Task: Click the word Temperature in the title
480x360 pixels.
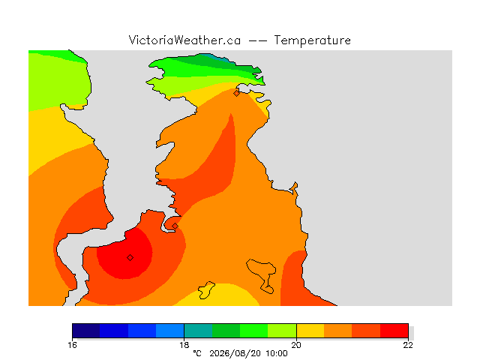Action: point(312,40)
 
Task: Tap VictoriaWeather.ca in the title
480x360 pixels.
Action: point(184,40)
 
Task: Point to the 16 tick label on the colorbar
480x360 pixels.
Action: point(72,345)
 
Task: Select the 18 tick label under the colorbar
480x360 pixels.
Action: point(184,345)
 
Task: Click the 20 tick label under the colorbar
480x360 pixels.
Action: point(296,345)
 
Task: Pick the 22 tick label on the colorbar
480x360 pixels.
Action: point(408,345)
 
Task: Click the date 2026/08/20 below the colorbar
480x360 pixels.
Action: point(235,353)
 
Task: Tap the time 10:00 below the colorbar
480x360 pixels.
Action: point(277,353)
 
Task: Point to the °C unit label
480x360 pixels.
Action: point(197,353)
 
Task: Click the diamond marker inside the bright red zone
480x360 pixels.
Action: point(130,258)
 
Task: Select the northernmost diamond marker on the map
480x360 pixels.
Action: point(236,93)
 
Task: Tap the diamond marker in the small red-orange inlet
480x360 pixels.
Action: point(175,226)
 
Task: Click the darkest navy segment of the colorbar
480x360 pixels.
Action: point(86,331)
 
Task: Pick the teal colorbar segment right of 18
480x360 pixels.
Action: point(198,331)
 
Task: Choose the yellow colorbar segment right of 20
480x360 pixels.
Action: point(310,331)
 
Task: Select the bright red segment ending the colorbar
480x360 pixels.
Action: point(394,331)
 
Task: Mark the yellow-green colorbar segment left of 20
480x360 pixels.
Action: point(282,331)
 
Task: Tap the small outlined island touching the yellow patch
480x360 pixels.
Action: point(206,290)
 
